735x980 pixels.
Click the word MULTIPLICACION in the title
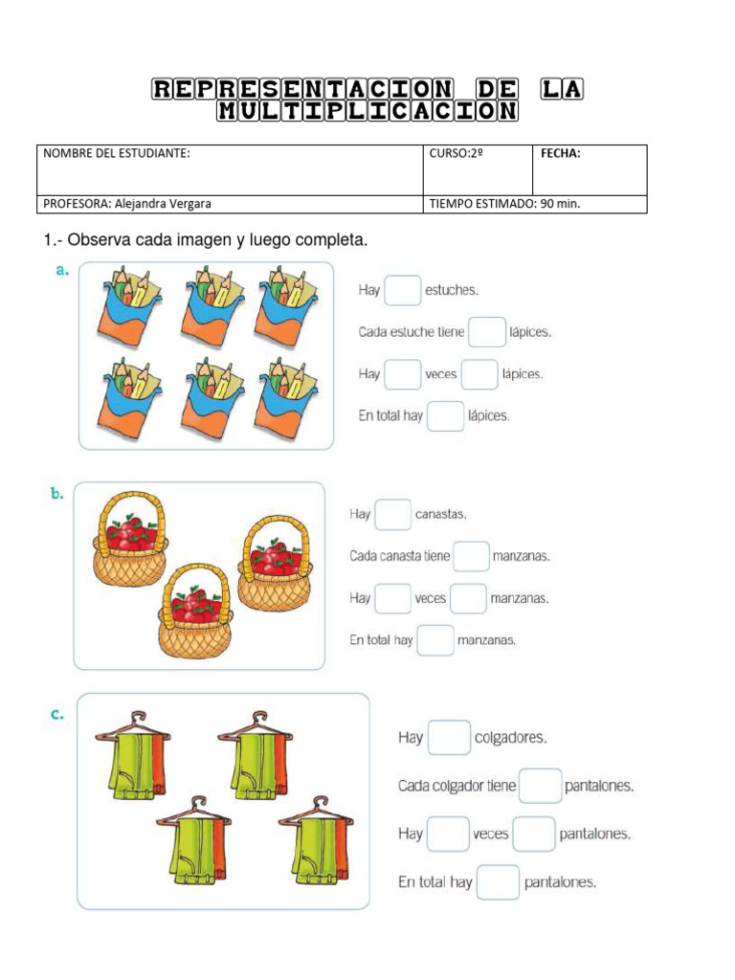pyautogui.click(x=367, y=111)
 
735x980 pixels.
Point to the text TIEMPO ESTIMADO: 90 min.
pyautogui.click(x=504, y=203)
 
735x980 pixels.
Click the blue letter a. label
pyautogui.click(x=62, y=270)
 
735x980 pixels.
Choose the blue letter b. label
pyautogui.click(x=56, y=494)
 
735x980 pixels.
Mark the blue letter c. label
pyautogui.click(x=57, y=714)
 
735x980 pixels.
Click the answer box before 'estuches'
pyautogui.click(x=402, y=290)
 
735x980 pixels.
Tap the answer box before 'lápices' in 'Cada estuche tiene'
pyautogui.click(x=486, y=332)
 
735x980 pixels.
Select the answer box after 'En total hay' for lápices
pyautogui.click(x=445, y=416)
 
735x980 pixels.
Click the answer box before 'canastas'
pyautogui.click(x=392, y=515)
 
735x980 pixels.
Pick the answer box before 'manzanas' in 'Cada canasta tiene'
pyautogui.click(x=471, y=556)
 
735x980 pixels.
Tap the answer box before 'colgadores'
pyautogui.click(x=449, y=738)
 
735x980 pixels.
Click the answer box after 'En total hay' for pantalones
pyautogui.click(x=498, y=882)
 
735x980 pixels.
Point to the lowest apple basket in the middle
pyautogui.click(x=195, y=610)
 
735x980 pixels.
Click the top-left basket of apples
pyautogui.click(x=129, y=539)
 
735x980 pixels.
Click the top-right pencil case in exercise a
pyautogui.click(x=282, y=306)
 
